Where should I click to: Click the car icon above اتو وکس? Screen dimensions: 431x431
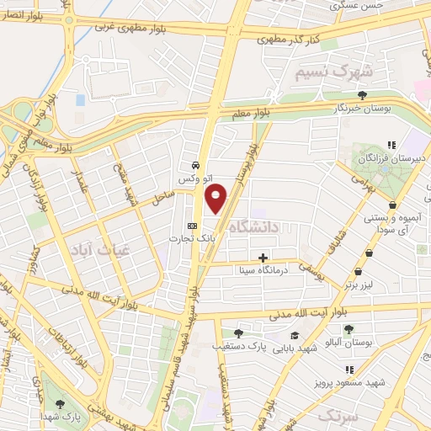195,165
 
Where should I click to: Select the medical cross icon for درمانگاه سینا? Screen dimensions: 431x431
263,258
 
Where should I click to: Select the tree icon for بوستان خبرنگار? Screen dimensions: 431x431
363,95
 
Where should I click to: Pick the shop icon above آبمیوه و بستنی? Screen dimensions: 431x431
392,204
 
